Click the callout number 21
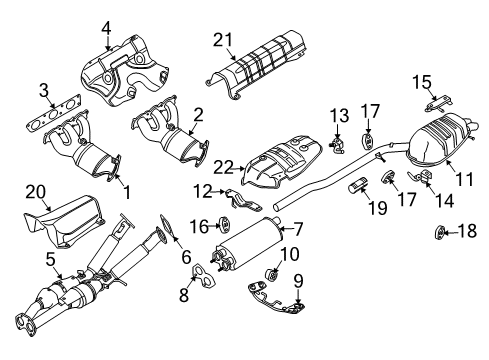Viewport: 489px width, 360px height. click(223, 39)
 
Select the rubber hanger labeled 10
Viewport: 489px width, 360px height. click(269, 274)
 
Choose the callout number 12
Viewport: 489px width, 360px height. click(203, 191)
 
